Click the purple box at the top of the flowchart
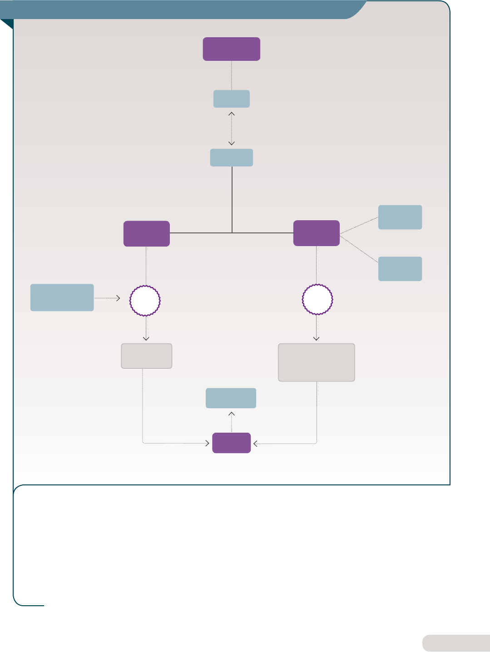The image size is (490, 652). [x=231, y=49]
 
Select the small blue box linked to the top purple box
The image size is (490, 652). [x=231, y=99]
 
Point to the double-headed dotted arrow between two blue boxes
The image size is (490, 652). [x=232, y=128]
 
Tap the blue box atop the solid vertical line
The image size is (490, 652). [x=231, y=158]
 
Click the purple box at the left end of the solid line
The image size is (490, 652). [x=146, y=233]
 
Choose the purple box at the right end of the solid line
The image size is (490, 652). [x=316, y=233]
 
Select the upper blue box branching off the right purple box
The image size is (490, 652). [x=400, y=217]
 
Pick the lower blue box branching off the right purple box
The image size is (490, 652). [x=400, y=269]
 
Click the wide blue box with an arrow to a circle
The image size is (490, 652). [x=62, y=297]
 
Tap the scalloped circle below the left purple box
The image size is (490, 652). [x=145, y=300]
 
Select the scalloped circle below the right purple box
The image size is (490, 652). [x=317, y=300]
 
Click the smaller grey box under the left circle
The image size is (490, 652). [x=146, y=356]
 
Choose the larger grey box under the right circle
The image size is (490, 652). [x=316, y=362]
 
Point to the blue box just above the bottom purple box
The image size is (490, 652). [x=231, y=398]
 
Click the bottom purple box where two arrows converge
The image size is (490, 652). [x=231, y=443]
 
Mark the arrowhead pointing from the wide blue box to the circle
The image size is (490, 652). [x=119, y=298]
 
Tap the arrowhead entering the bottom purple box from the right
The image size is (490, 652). [x=255, y=444]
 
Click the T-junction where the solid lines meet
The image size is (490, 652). [x=232, y=233]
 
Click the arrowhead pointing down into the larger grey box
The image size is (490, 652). [x=317, y=338]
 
